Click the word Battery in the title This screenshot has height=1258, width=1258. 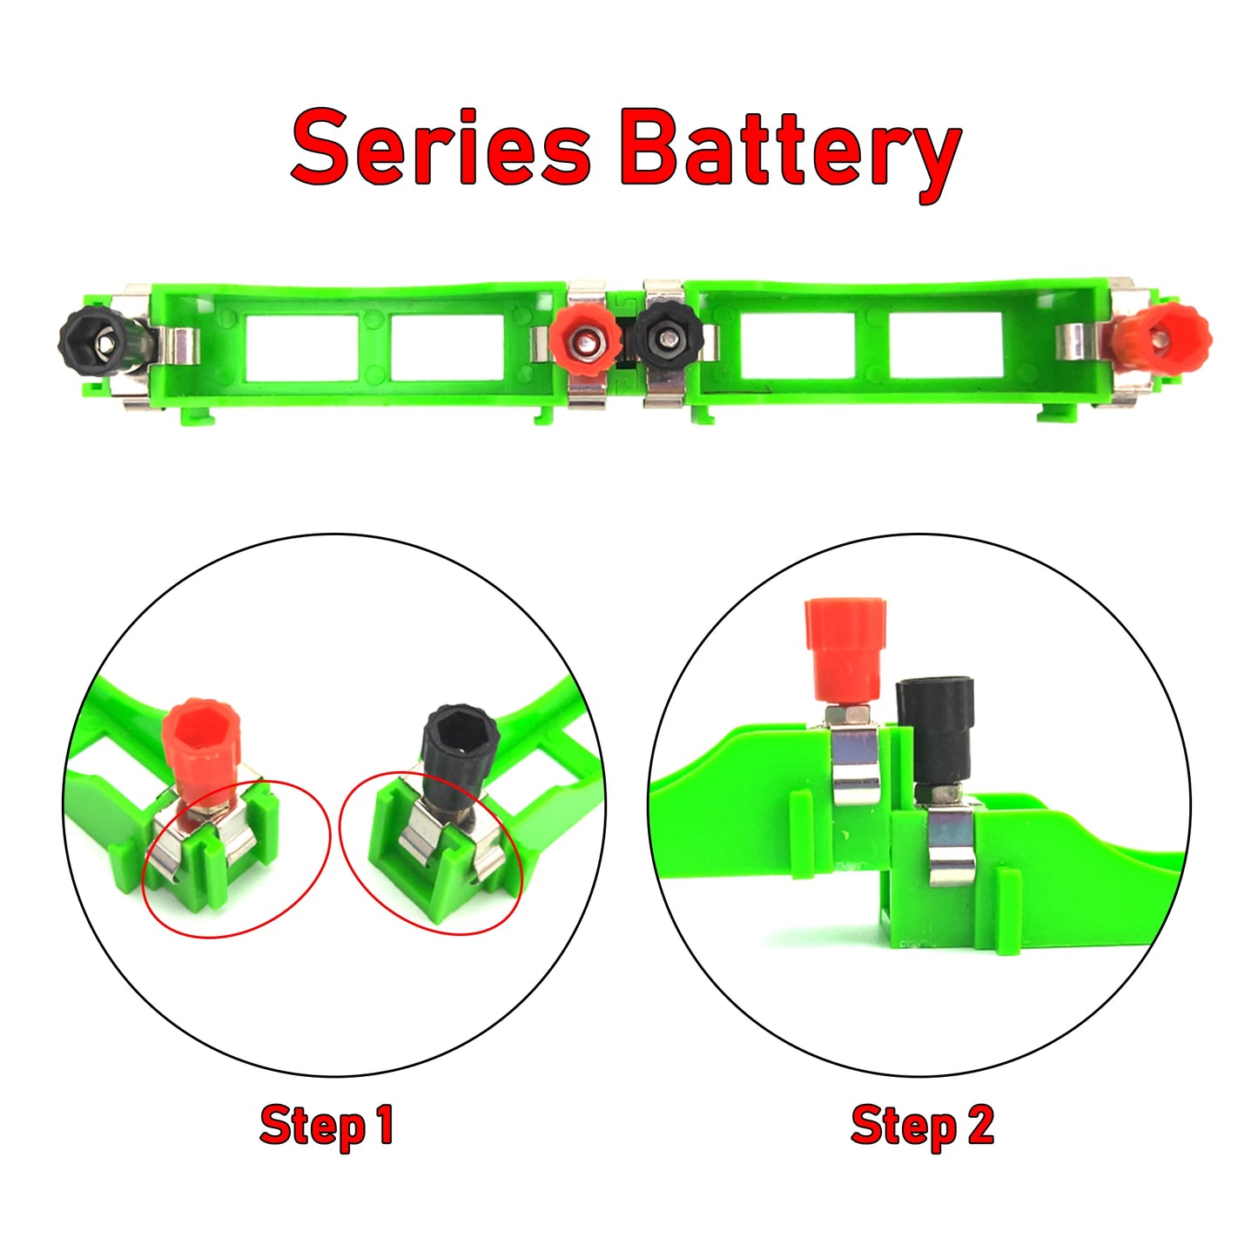click(x=790, y=152)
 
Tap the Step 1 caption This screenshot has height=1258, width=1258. click(x=327, y=1126)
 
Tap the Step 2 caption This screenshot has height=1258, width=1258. click(x=922, y=1126)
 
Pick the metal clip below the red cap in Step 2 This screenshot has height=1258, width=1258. click(x=855, y=764)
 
